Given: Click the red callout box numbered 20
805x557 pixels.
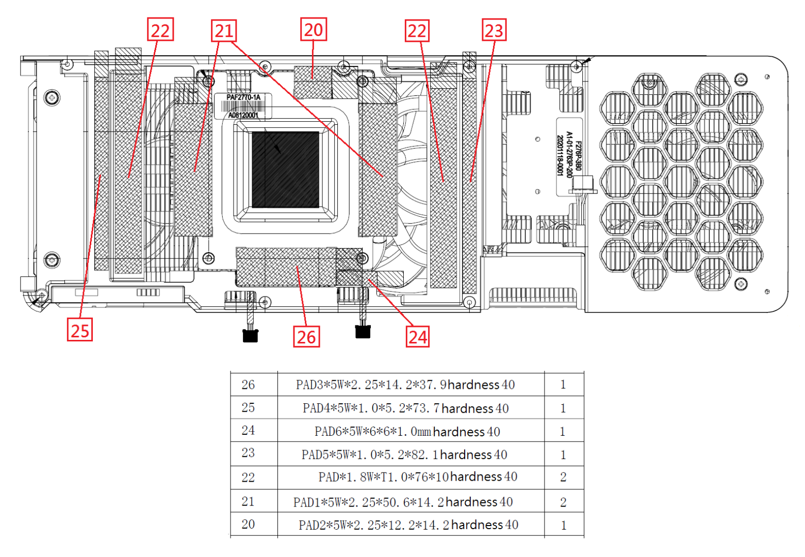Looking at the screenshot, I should pos(314,30).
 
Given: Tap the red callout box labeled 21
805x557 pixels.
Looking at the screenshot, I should pos(224,31).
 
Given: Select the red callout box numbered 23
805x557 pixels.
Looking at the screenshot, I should pos(494,30).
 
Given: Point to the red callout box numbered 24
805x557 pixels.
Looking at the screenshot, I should pos(418,337).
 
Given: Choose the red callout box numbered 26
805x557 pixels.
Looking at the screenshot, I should pos(306,337).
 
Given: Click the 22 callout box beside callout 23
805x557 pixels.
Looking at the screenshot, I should pos(417,31).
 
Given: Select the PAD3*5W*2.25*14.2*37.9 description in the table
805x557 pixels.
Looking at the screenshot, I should pos(405,385).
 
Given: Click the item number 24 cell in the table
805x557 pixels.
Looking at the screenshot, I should pos(248,430).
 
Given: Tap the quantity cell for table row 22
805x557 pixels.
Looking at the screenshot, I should pos(563,477).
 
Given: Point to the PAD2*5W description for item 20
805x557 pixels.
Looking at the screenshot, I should pos(408,525).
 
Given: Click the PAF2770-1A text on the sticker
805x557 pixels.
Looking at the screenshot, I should pos(243,97).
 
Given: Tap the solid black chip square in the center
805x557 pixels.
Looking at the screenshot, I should pos(285,169).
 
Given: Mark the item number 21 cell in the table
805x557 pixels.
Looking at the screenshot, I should pos(248,501).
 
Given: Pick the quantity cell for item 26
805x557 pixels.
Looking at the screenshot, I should pos(563,385).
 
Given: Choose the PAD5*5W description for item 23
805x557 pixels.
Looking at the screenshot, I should pos(404,455).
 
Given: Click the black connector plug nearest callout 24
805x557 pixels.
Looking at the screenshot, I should pos(363,331).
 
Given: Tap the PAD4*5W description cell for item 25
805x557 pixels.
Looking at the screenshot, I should pos(405,408).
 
